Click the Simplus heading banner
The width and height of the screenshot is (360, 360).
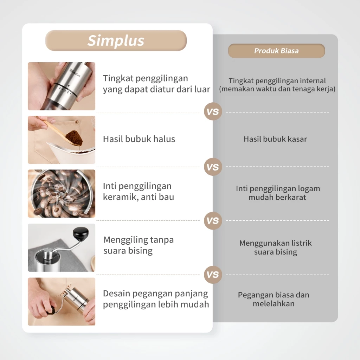point(116,40)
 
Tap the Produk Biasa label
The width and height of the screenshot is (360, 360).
point(276,51)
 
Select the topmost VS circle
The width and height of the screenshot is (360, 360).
point(213,112)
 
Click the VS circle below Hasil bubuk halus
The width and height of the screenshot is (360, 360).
point(213,167)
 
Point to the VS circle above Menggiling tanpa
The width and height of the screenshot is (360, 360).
point(213,221)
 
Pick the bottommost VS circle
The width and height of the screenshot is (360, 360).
point(213,275)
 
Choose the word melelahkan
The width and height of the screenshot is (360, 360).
point(274,304)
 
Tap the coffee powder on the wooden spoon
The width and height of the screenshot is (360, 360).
point(74,138)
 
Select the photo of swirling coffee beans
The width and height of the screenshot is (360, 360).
point(62,193)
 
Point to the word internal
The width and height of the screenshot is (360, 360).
point(313,81)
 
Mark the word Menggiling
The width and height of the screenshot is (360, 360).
point(126,240)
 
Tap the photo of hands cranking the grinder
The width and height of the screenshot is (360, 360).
point(62,301)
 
